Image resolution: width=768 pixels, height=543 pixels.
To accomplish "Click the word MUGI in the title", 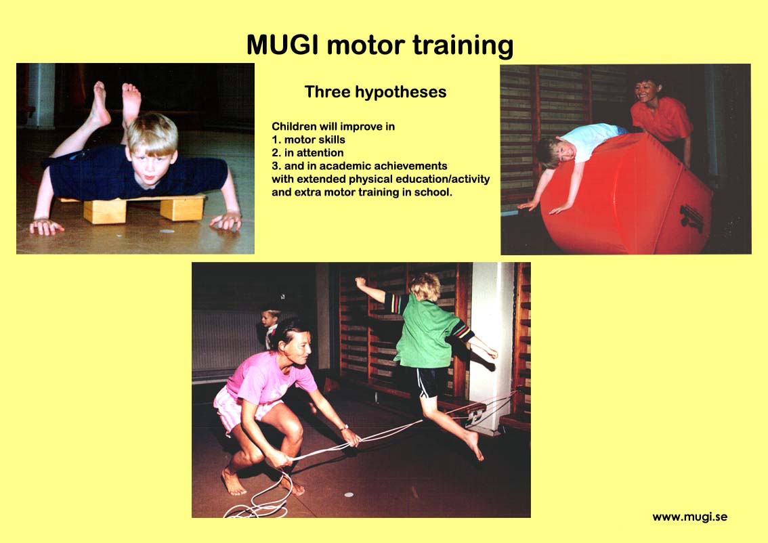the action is [x=282, y=45].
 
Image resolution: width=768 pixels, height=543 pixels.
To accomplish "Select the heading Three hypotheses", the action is [x=375, y=92].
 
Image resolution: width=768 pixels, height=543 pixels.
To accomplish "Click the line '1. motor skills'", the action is [x=309, y=139].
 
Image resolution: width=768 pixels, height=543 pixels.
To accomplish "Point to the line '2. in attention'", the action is [x=307, y=153].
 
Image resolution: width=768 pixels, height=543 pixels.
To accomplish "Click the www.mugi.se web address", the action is [x=689, y=517].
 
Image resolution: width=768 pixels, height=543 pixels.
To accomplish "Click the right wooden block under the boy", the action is [x=182, y=208].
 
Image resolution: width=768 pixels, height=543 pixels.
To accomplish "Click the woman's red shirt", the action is [x=661, y=120].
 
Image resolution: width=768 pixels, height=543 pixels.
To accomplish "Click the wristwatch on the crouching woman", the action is [x=344, y=427].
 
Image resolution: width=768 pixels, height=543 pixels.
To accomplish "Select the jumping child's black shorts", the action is [x=431, y=381].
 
